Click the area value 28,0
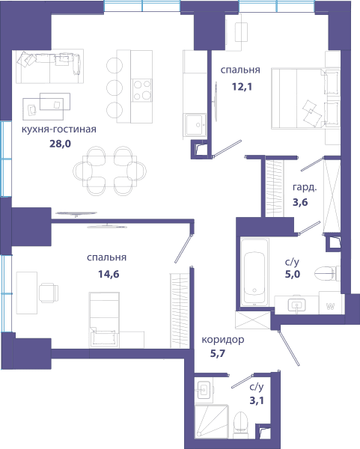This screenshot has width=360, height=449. tap(60, 144)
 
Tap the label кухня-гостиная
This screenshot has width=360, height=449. tap(59, 129)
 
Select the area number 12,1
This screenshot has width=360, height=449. tap(242, 86)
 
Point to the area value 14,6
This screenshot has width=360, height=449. tap(109, 274)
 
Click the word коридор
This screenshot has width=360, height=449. tap(223, 340)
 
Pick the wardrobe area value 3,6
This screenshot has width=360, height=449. tap(300, 202)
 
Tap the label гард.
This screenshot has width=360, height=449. tap(305, 187)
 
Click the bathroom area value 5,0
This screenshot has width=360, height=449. tap(293, 274)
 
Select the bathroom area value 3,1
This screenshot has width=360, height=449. tap(257, 400)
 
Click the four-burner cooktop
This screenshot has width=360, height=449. tap(141, 90)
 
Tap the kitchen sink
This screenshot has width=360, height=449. tap(195, 124)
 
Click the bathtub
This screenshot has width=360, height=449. tap(254, 272)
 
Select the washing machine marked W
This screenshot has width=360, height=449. tap(331, 303)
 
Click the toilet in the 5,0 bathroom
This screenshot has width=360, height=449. tap(327, 273)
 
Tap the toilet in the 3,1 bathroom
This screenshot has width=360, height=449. tap(240, 424)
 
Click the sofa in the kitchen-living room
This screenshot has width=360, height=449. tap(49, 67)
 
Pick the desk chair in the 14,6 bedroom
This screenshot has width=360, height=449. tap(49, 293)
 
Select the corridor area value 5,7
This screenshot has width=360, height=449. tap(218, 354)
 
